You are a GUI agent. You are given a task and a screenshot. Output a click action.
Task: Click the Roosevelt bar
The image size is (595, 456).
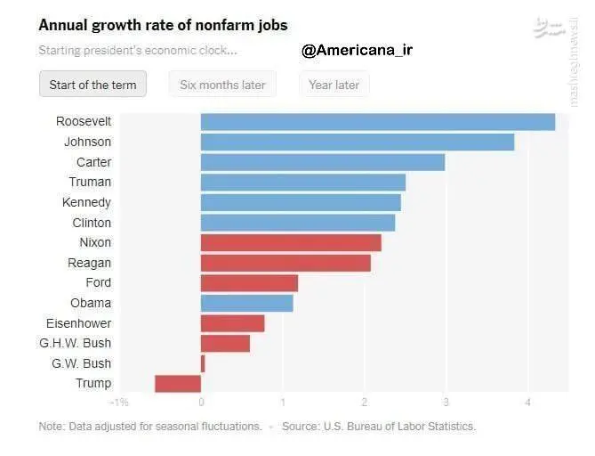pyautogui.click(x=377, y=122)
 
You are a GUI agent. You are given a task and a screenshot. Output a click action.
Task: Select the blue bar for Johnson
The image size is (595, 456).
pyautogui.click(x=357, y=142)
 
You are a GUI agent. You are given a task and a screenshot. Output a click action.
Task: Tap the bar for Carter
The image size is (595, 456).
pyautogui.click(x=322, y=162)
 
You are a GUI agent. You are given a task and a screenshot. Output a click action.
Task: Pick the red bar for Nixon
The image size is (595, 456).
pyautogui.click(x=291, y=242)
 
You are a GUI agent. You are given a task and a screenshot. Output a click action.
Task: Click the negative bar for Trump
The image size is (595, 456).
pyautogui.click(x=178, y=383)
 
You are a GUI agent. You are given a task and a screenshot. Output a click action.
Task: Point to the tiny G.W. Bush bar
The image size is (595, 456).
pyautogui.click(x=203, y=363)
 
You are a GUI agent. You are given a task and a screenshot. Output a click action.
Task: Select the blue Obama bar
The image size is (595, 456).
pyautogui.click(x=246, y=303)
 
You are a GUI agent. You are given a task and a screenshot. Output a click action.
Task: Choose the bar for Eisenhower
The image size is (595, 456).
pyautogui.click(x=232, y=323)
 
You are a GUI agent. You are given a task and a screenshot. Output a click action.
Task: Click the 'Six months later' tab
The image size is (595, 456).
pyautogui.click(x=222, y=85)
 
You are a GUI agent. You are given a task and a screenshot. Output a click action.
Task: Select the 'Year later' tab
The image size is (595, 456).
pyautogui.click(x=334, y=85)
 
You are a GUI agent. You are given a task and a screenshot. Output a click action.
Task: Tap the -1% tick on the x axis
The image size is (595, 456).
pyautogui.click(x=119, y=403)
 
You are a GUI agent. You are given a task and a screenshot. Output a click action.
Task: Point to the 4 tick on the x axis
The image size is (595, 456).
pyautogui.click(x=527, y=403)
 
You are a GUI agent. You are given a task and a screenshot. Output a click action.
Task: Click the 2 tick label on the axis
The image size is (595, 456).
pyautogui.click(x=364, y=403)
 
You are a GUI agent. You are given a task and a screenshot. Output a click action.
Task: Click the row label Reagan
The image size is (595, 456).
pyautogui.click(x=89, y=263)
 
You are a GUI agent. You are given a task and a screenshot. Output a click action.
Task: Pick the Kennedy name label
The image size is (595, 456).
pyautogui.click(x=86, y=202)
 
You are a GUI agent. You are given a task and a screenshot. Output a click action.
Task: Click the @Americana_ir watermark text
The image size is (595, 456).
pyautogui.click(x=357, y=50)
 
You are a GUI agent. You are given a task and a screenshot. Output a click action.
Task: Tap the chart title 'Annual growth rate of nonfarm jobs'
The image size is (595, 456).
pyautogui.click(x=163, y=25)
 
